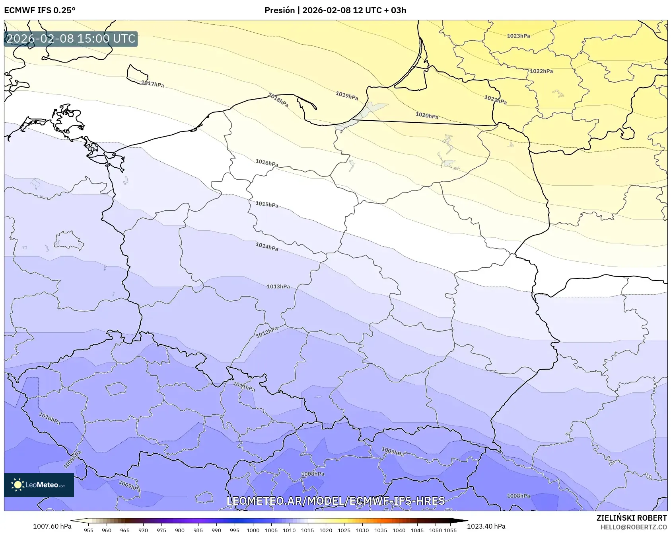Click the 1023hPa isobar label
(x=518, y=36)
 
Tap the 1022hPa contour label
(x=541, y=71)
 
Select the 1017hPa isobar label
(x=152, y=84)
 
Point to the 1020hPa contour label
(x=427, y=116)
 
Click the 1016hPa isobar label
(x=266, y=163)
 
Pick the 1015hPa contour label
(x=266, y=204)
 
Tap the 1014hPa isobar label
(x=266, y=247)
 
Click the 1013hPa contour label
(x=278, y=286)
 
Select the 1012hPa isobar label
(x=266, y=332)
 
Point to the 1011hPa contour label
(x=244, y=386)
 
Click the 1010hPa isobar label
(x=50, y=418)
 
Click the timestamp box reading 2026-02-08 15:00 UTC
(x=71, y=39)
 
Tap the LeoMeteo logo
(x=39, y=485)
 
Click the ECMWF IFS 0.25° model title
(x=40, y=10)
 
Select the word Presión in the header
(x=280, y=10)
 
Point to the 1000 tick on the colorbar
(x=253, y=530)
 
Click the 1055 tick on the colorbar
(x=450, y=530)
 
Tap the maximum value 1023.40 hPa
(x=486, y=526)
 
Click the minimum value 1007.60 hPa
(x=52, y=526)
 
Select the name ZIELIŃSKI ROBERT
(x=631, y=518)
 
